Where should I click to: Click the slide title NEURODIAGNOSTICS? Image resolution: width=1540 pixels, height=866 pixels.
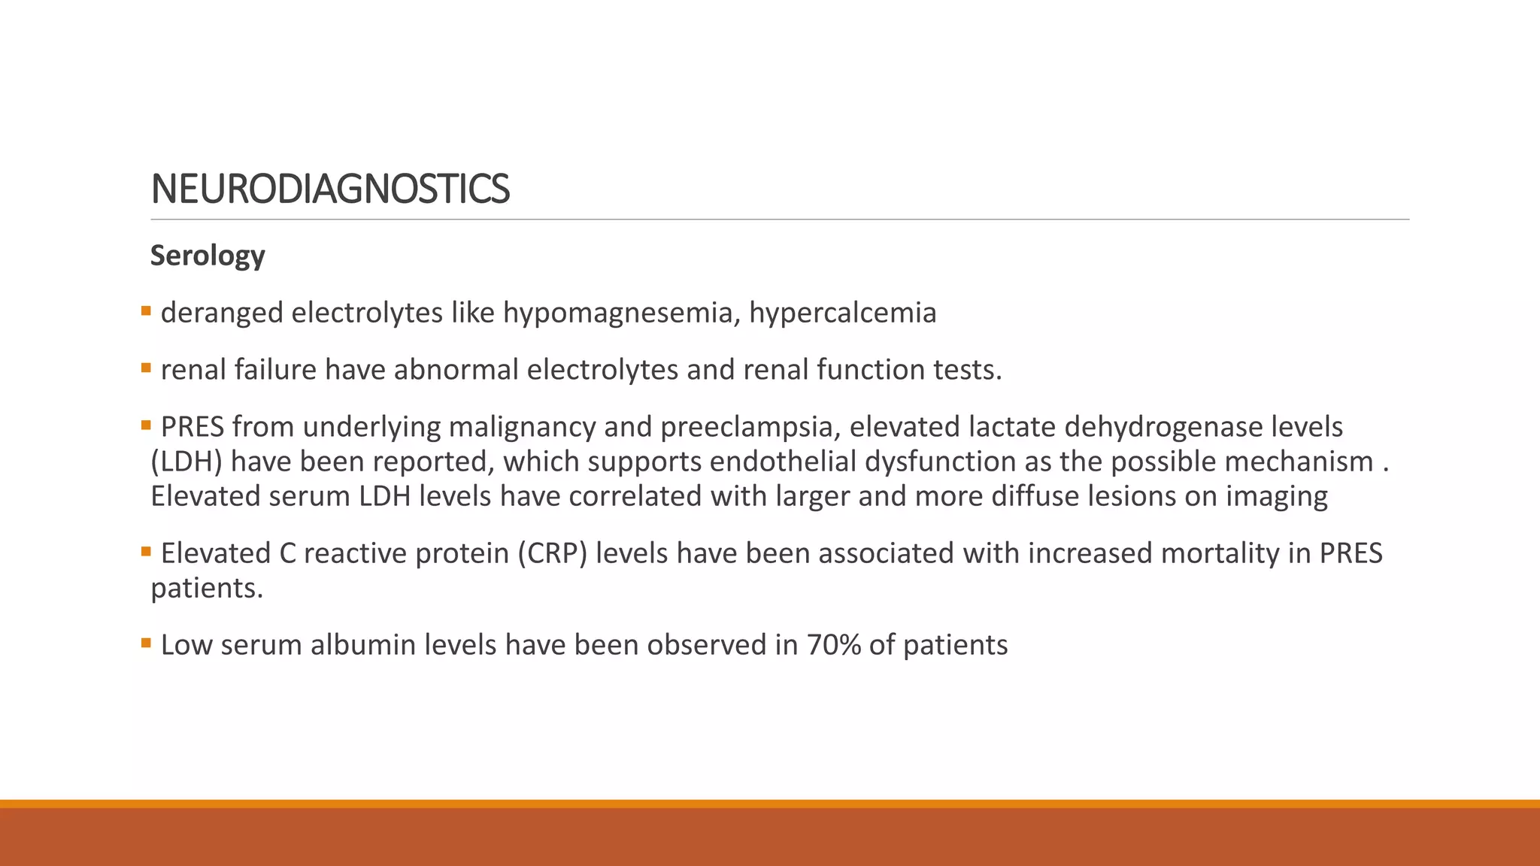point(330,189)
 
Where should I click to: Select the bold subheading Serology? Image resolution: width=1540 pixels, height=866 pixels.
point(208,256)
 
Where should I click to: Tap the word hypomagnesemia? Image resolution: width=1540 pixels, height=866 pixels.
point(617,313)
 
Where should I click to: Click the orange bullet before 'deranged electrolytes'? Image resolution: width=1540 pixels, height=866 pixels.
point(146,310)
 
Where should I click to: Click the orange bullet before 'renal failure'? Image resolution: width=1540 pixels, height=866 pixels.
point(146,368)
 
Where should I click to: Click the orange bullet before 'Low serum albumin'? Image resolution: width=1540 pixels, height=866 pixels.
point(146,643)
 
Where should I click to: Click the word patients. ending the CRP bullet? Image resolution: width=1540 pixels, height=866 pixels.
point(207,588)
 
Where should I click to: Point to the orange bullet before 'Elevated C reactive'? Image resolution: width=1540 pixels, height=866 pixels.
point(146,551)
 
